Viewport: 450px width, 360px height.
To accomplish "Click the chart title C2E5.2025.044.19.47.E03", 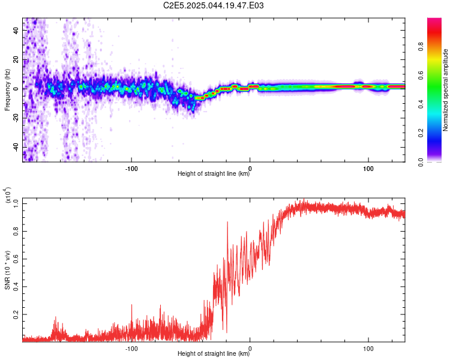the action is pyautogui.click(x=213, y=5).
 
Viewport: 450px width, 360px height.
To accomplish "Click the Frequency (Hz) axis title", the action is pyautogui.click(x=7, y=90).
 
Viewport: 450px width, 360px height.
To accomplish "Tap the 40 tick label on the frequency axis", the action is pyautogui.click(x=16, y=31).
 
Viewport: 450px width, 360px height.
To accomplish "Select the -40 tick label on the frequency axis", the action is pyautogui.click(x=16, y=147).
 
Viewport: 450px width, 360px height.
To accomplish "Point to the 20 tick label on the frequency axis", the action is pyautogui.click(x=16, y=60).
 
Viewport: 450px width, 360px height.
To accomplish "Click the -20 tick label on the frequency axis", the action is pyautogui.click(x=16, y=118).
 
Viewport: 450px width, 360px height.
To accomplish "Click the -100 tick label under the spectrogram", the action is pyautogui.click(x=131, y=169).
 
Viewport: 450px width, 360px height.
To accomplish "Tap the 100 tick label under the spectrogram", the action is pyautogui.click(x=368, y=169).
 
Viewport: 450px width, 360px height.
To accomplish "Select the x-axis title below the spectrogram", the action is pyautogui.click(x=214, y=173).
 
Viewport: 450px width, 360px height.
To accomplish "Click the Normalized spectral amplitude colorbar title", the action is pyautogui.click(x=445, y=90).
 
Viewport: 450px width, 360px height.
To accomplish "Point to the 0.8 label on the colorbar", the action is pyautogui.click(x=421, y=47).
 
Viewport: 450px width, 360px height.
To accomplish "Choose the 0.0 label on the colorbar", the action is pyautogui.click(x=421, y=162).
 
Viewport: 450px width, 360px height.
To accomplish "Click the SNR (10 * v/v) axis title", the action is pyautogui.click(x=7, y=270).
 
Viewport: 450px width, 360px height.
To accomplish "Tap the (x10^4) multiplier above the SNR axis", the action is pyautogui.click(x=8, y=195).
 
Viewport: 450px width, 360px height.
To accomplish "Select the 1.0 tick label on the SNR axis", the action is pyautogui.click(x=16, y=203).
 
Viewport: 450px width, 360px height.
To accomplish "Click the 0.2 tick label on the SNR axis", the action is pyautogui.click(x=16, y=314).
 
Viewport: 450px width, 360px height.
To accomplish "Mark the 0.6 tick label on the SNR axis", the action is pyautogui.click(x=16, y=259).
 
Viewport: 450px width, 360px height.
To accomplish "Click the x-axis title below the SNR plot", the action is pyautogui.click(x=214, y=353).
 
